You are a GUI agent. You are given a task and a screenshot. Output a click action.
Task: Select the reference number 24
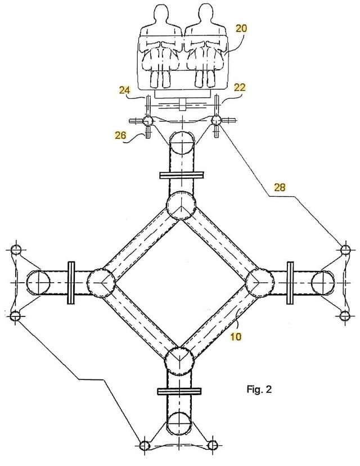[124, 89]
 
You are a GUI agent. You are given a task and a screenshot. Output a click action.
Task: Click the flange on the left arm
[71, 283]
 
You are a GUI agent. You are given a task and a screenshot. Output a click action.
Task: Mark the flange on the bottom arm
[180, 391]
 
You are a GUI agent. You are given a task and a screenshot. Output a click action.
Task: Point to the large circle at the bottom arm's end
[180, 423]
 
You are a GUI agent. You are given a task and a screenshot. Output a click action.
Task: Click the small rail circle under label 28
[345, 248]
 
